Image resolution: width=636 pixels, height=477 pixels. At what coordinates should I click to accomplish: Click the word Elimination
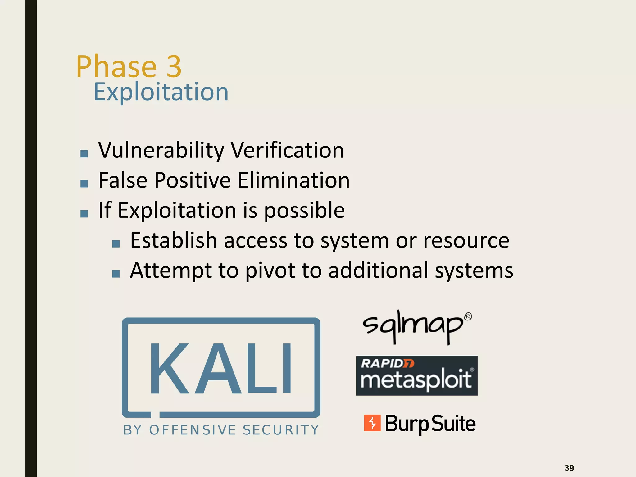tap(294, 180)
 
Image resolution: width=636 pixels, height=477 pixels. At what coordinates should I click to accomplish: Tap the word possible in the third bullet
tap(304, 211)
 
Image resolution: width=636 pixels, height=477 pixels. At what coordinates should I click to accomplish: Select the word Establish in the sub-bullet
tap(173, 240)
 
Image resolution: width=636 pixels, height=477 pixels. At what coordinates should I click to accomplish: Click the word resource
tap(466, 240)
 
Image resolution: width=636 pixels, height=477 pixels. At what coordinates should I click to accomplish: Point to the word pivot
tap(270, 270)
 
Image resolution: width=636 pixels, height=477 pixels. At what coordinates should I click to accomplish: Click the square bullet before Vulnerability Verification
tap(84, 153)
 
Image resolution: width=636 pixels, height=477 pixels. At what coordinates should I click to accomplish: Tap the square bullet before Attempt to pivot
tap(116, 274)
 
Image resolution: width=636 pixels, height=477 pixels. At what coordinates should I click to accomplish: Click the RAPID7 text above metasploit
tap(387, 363)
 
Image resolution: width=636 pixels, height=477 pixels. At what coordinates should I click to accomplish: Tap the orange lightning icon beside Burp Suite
tap(372, 423)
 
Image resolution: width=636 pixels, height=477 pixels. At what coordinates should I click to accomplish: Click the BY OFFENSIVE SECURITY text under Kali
tap(221, 430)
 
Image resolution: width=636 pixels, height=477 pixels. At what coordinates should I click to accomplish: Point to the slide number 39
tap(569, 468)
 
